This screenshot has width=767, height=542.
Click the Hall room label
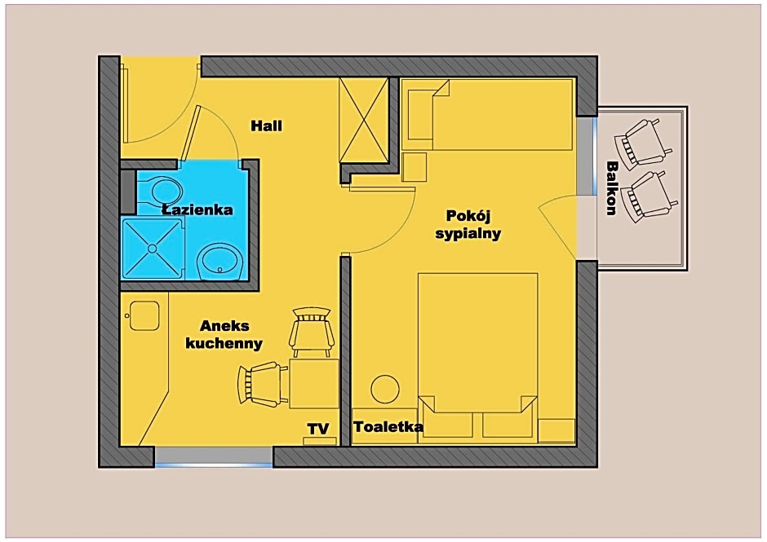point(267,126)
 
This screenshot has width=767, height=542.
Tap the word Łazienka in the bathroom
point(197,209)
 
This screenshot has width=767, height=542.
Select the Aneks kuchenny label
point(224,334)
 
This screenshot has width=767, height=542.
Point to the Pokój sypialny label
point(468,224)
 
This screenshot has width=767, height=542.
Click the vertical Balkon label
point(611,188)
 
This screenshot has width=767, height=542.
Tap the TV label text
point(318,429)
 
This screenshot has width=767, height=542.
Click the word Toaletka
point(388,426)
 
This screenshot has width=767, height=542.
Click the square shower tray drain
point(152,249)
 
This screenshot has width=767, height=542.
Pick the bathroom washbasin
point(220,262)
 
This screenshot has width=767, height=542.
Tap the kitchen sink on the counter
point(144,315)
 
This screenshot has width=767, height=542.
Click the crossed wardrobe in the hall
point(363,120)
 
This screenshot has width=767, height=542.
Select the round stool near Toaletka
point(385,389)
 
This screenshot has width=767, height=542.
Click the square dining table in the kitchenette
point(314,384)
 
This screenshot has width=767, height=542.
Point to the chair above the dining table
point(312,332)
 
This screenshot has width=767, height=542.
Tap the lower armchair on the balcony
point(647,196)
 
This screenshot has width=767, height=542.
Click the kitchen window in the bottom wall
point(213,457)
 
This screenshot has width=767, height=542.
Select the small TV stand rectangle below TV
point(320,441)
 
